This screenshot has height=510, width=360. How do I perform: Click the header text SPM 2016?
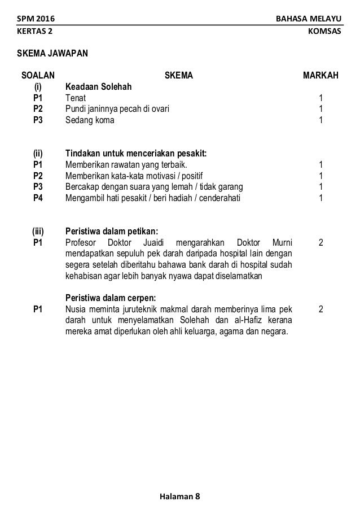tap(35, 19)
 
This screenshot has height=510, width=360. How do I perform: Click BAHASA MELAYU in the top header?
tap(308, 19)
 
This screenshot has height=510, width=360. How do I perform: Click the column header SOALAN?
tap(38, 75)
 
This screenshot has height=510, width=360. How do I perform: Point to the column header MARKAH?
tap(321, 75)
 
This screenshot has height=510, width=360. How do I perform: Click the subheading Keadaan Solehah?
tap(99, 87)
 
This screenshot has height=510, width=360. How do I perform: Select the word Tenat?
tap(76, 98)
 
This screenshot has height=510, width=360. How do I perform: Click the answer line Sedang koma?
tap(89, 120)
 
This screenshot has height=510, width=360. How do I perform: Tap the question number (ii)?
tap(38, 153)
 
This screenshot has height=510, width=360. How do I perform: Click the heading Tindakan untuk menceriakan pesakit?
tap(136, 153)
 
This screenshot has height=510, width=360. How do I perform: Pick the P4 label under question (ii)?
tap(38, 198)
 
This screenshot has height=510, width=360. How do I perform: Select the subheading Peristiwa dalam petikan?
tap(112, 231)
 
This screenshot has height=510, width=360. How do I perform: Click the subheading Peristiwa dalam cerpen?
tap(111, 298)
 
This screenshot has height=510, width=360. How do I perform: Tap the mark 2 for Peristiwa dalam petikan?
tap(321, 242)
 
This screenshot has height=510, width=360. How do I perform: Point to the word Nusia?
tap(76, 309)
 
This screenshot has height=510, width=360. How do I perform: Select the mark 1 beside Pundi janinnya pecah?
tap(321, 109)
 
